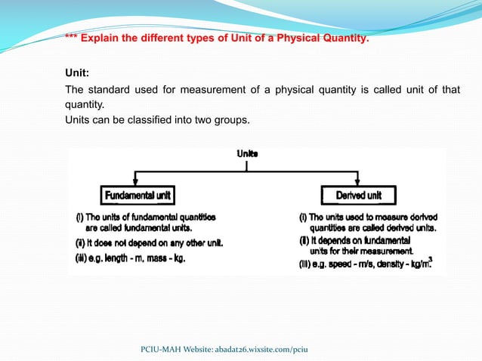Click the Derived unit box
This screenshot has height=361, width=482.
358,196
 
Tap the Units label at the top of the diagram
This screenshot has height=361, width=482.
247,153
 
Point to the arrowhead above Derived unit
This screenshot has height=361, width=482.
358,182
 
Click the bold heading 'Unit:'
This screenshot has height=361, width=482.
77,73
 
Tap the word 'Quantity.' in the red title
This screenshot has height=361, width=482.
347,38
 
